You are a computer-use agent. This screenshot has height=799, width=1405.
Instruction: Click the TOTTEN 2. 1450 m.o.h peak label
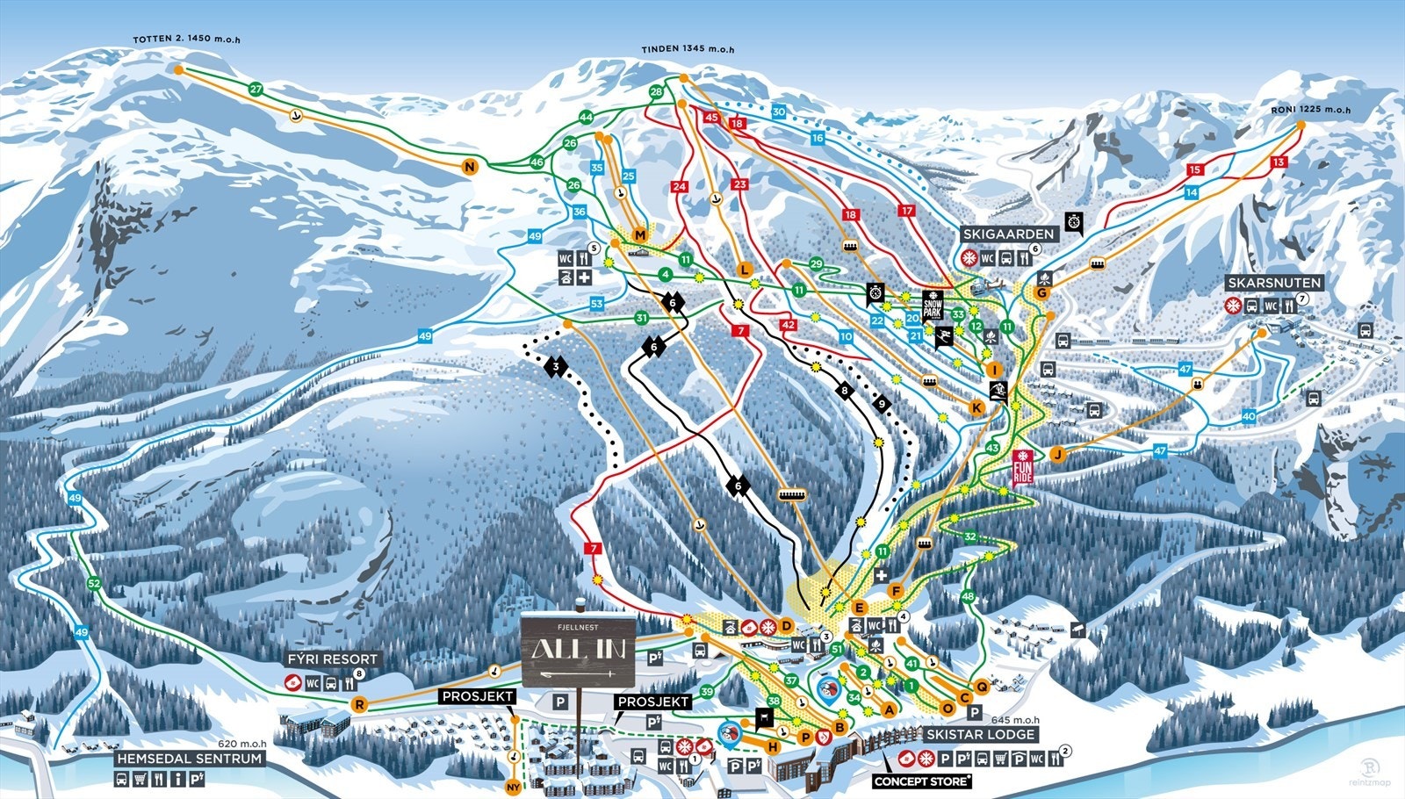(x=186, y=40)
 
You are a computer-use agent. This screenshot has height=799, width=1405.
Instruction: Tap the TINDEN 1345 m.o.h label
(x=687, y=50)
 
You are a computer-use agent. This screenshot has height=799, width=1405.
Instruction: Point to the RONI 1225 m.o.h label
(x=1310, y=110)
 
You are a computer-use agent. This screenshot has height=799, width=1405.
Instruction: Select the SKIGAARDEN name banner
(x=1007, y=234)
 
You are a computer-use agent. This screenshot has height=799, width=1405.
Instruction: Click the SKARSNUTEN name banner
(x=1273, y=283)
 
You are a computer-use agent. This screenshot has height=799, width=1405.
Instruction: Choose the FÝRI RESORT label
(x=333, y=659)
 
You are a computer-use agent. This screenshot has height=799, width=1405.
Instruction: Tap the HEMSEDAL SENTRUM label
(x=190, y=758)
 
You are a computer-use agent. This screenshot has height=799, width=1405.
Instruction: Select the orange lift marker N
(x=470, y=167)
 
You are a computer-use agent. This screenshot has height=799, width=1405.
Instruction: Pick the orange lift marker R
(x=359, y=704)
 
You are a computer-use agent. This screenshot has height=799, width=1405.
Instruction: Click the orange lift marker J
(x=1058, y=454)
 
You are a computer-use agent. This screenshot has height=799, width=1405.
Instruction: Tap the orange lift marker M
(x=639, y=235)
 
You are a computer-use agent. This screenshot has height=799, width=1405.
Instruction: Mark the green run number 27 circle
(x=256, y=90)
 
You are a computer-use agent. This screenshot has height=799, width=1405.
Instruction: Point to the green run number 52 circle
(x=94, y=583)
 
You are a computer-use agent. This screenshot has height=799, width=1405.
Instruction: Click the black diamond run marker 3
(x=556, y=365)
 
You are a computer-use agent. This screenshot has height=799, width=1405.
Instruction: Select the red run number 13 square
(x=1278, y=162)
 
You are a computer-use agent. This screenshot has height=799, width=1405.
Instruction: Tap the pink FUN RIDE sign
(x=1022, y=468)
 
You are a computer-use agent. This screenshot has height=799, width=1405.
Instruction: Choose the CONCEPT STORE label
(x=922, y=781)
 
